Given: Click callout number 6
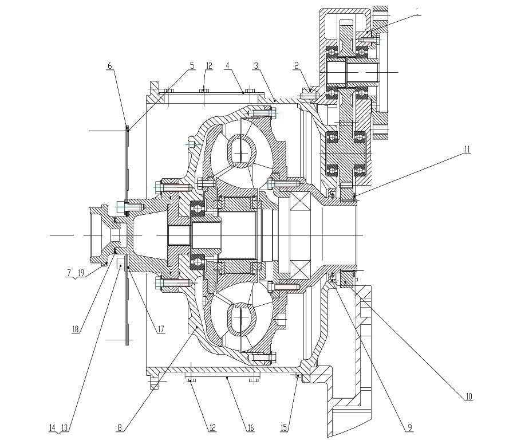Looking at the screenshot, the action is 110,65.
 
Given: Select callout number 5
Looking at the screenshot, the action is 192,65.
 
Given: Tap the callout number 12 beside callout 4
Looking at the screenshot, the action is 209,65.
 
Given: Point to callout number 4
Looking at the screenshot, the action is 227,65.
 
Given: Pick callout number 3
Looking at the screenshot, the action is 256,65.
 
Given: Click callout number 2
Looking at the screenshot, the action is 296,66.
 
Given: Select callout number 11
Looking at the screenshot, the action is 467,150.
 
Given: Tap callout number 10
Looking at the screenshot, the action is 469,396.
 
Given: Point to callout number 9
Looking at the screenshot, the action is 410,427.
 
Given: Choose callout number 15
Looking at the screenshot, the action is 284,427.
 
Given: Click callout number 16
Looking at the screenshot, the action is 251,427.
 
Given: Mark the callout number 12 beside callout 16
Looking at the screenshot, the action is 212,427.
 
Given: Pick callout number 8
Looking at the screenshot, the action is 120,427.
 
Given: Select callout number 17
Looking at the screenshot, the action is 161,329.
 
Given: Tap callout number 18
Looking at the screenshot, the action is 76,329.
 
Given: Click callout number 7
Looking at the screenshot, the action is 69,273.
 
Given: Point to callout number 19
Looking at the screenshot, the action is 81,273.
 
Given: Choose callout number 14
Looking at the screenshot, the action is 52,427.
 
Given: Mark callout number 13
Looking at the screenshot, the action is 64,427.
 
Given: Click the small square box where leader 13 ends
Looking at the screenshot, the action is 121,261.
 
